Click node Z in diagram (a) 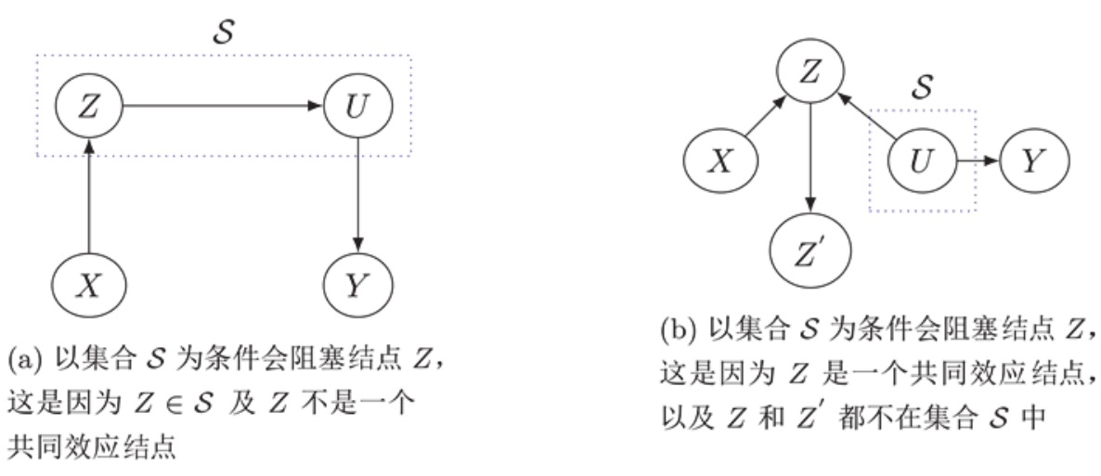pos(88,106)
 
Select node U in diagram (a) pos(358,106)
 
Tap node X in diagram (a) pos(88,285)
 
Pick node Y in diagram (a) pos(358,285)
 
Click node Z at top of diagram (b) pos(811,71)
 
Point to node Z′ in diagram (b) pos(811,250)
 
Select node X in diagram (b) pos(721,161)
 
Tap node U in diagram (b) pos(922,161)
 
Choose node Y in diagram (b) pos(1034,161)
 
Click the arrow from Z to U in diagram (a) pos(224,106)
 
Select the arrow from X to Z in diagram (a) pos(88,196)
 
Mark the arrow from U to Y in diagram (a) pos(358,196)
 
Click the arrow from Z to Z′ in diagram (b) pos(811,159)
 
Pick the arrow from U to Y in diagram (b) pos(978,161)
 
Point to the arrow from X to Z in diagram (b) pos(765,116)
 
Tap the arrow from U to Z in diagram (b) pos(867,116)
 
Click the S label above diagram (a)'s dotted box pos(224,31)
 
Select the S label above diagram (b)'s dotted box pos(922,86)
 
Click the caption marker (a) pos(21,362)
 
